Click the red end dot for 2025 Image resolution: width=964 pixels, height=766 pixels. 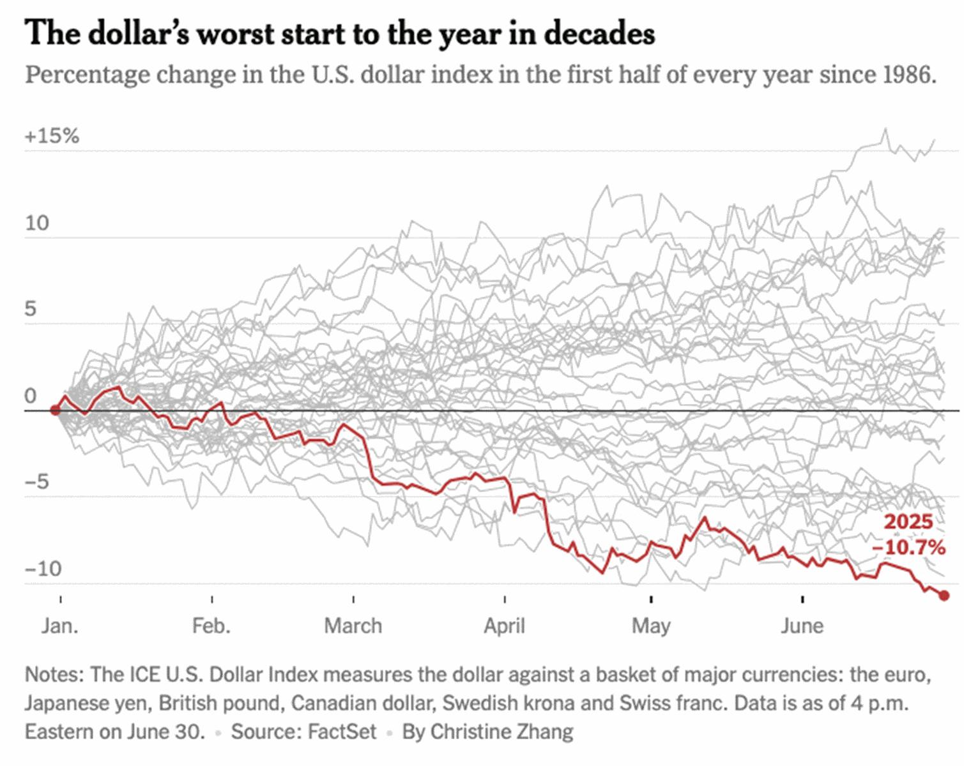point(944,596)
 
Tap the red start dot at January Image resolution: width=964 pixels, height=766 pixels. point(56,410)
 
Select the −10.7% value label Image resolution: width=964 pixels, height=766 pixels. point(908,547)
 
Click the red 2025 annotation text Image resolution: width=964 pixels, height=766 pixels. point(908,522)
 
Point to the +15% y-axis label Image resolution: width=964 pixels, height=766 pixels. point(52,136)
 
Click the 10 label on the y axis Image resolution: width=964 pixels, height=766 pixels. point(37,223)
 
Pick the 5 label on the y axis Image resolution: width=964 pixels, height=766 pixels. point(31,310)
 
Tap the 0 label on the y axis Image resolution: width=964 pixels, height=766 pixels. point(31,396)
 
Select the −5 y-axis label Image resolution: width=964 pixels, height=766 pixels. point(37,481)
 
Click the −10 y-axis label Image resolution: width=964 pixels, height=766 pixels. point(43,568)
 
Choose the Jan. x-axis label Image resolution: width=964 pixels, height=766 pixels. point(60,626)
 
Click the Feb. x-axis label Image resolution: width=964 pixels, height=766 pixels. point(211,626)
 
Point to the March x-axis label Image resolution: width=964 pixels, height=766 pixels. point(353,626)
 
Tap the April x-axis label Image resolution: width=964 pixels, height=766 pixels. point(504,626)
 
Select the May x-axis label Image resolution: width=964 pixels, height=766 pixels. point(651,626)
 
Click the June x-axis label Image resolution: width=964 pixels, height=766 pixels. point(802,626)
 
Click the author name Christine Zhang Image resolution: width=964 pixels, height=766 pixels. point(501,732)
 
